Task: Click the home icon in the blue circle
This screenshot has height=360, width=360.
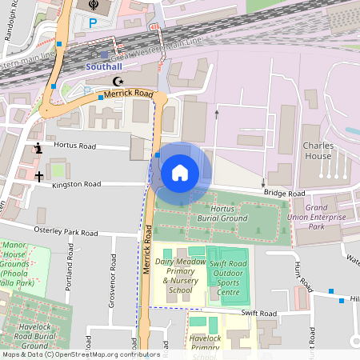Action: pos(180,172)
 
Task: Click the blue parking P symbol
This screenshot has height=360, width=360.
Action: pos(92,24)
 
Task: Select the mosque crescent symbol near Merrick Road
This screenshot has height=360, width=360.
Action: pos(119,82)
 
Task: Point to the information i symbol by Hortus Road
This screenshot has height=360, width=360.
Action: pos(38,148)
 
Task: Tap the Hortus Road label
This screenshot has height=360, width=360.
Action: pos(74,146)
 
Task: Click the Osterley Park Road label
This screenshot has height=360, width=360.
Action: pos(66,232)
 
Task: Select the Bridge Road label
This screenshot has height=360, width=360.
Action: pos(286,194)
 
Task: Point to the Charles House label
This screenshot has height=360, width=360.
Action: pos(323,150)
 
